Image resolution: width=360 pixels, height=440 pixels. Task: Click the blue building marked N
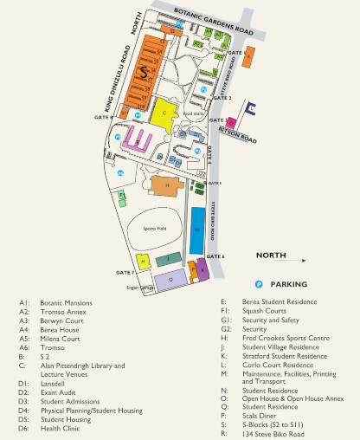[197, 229]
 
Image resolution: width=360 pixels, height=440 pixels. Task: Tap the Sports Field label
[153, 228]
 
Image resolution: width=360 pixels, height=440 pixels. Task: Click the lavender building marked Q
[170, 279]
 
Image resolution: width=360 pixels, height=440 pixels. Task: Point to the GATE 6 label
[216, 256]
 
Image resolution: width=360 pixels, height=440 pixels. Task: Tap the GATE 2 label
[223, 98]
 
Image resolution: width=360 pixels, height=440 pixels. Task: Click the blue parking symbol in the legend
[258, 284]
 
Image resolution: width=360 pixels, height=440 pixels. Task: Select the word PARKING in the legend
[288, 284]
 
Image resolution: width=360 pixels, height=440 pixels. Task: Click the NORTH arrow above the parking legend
[282, 257]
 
